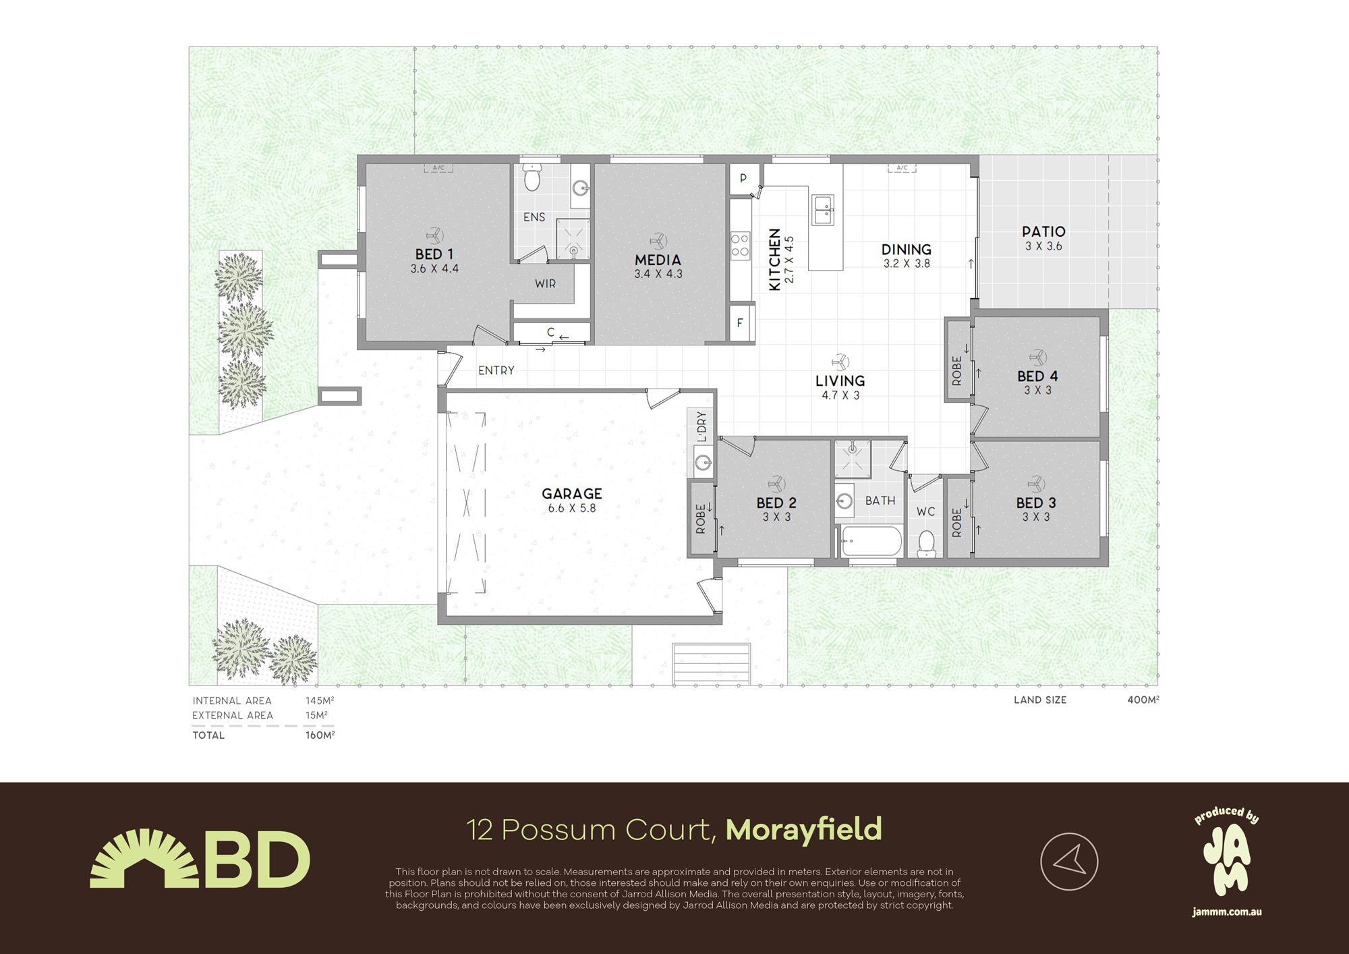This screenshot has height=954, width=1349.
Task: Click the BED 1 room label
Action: click(x=434, y=254)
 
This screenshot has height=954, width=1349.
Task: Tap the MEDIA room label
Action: click(x=658, y=260)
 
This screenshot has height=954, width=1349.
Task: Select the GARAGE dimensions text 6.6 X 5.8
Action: click(x=572, y=509)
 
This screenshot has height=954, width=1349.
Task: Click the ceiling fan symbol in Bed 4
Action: click(x=1037, y=357)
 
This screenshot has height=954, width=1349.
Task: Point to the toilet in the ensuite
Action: click(x=532, y=177)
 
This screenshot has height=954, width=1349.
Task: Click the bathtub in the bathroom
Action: click(x=871, y=540)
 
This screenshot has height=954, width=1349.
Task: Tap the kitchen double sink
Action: click(x=823, y=210)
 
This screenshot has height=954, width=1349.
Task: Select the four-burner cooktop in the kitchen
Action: click(x=740, y=245)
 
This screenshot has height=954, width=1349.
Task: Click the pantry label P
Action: click(x=743, y=178)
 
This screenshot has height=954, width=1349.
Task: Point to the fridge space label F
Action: click(x=740, y=323)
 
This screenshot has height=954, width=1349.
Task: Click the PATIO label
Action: click(x=1043, y=232)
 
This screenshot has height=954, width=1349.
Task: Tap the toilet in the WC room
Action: click(x=927, y=543)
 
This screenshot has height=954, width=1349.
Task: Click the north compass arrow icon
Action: click(x=1069, y=862)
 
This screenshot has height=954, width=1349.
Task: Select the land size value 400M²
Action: click(x=1143, y=700)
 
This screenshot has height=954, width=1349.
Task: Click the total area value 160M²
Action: click(x=320, y=735)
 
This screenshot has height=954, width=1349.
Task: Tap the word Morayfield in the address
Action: click(x=803, y=830)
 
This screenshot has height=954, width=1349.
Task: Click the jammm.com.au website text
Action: click(x=1227, y=912)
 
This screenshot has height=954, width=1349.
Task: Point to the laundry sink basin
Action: click(x=704, y=462)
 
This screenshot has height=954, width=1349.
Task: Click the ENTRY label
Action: click(x=496, y=370)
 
